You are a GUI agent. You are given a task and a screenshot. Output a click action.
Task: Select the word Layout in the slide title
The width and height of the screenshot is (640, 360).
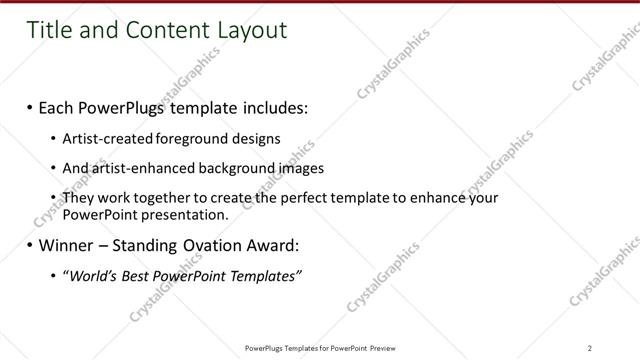click(x=249, y=31)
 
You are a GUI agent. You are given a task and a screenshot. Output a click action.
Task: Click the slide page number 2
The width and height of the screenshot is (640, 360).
click(x=590, y=347)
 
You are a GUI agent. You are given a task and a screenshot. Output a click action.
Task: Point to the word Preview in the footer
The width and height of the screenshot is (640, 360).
click(x=387, y=347)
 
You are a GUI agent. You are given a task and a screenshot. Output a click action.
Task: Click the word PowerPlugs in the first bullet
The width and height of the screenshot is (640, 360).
click(x=125, y=106)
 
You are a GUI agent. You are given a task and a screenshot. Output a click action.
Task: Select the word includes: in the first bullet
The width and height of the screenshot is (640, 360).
click(x=271, y=106)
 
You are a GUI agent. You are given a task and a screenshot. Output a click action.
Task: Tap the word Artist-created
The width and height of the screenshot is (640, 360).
click(x=103, y=138)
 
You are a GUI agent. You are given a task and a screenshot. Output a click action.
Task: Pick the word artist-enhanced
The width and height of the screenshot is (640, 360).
click(x=131, y=168)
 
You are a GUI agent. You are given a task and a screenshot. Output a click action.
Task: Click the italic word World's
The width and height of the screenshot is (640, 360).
click(x=91, y=276)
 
